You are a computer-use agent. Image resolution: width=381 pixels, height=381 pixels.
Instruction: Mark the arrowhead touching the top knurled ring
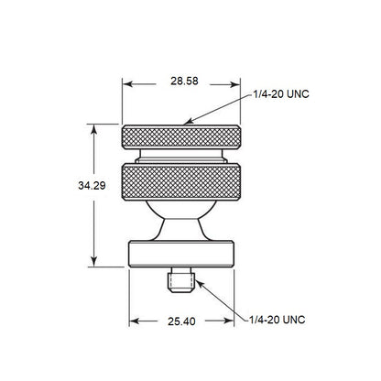[187, 120]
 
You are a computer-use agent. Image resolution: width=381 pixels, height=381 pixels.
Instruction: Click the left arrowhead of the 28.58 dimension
[127, 82]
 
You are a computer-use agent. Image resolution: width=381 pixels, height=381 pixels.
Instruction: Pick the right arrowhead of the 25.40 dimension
[231, 321]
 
